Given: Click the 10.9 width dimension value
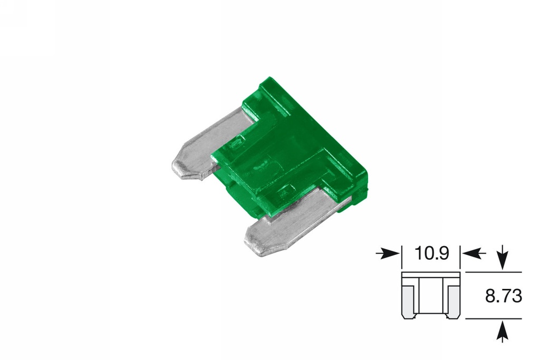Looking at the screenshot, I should [431, 254].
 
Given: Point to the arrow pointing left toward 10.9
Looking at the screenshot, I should [474, 254].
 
